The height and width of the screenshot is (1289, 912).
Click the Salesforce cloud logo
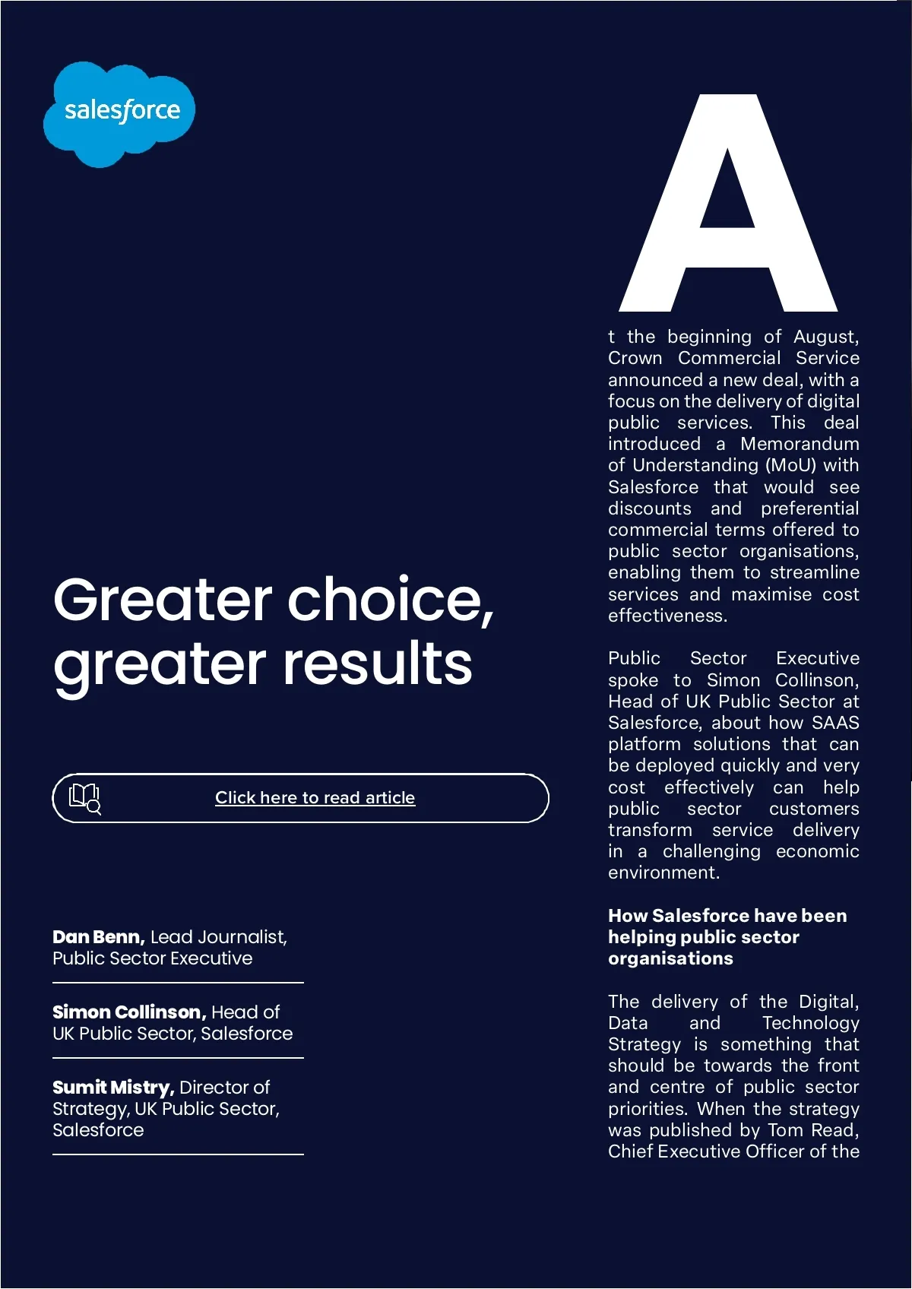pyautogui.click(x=119, y=112)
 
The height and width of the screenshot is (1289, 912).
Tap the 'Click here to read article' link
pyautogui.click(x=315, y=798)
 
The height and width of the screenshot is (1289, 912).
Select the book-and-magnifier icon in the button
pyautogui.click(x=84, y=798)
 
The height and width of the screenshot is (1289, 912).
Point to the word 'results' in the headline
pyautogui.click(x=378, y=664)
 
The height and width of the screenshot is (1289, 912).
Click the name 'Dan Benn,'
pyautogui.click(x=98, y=937)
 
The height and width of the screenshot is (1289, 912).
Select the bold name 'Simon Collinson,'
pyautogui.click(x=129, y=1012)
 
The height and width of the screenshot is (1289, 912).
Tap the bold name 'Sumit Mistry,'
pyautogui.click(x=113, y=1088)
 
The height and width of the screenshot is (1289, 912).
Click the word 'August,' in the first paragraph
pyautogui.click(x=826, y=337)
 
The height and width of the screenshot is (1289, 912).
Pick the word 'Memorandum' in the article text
pyautogui.click(x=800, y=444)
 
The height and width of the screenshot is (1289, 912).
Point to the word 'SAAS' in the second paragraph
pyautogui.click(x=835, y=723)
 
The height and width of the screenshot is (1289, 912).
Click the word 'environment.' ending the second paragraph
pyautogui.click(x=663, y=873)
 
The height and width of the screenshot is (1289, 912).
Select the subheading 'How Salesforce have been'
pyautogui.click(x=727, y=916)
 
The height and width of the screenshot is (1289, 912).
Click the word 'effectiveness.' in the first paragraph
pyautogui.click(x=667, y=616)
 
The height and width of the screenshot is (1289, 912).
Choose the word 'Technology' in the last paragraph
pyautogui.click(x=810, y=1023)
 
